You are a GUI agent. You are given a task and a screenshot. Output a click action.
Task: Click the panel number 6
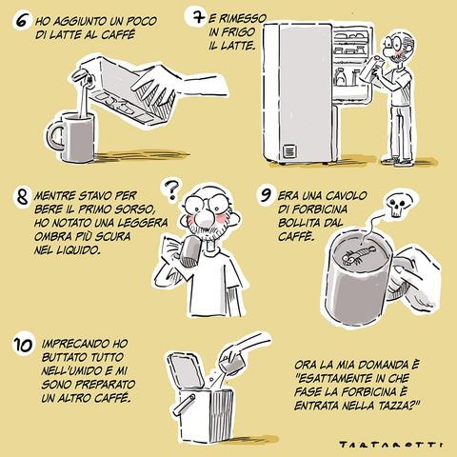[x=22, y=21]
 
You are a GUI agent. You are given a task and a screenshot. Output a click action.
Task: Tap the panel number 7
[x=199, y=17]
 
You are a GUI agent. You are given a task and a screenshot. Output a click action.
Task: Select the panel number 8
[x=22, y=197]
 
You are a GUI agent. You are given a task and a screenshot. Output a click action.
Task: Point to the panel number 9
[x=266, y=194]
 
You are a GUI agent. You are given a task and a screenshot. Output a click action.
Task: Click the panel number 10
[x=23, y=346]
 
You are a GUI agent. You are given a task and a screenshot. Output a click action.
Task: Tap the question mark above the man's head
[x=171, y=189]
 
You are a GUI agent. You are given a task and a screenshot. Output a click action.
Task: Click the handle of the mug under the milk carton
[x=53, y=136]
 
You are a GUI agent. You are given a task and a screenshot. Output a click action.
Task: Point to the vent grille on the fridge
[x=289, y=151]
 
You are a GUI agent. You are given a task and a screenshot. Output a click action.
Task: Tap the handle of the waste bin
[x=184, y=405]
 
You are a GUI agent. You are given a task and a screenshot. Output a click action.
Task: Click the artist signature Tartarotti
[x=390, y=446]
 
